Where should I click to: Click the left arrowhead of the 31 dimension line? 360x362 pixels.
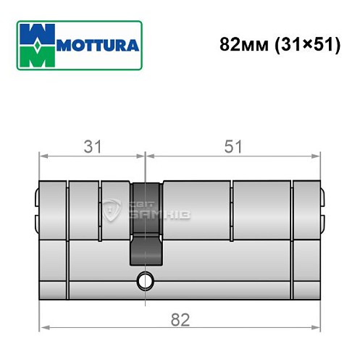42,155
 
